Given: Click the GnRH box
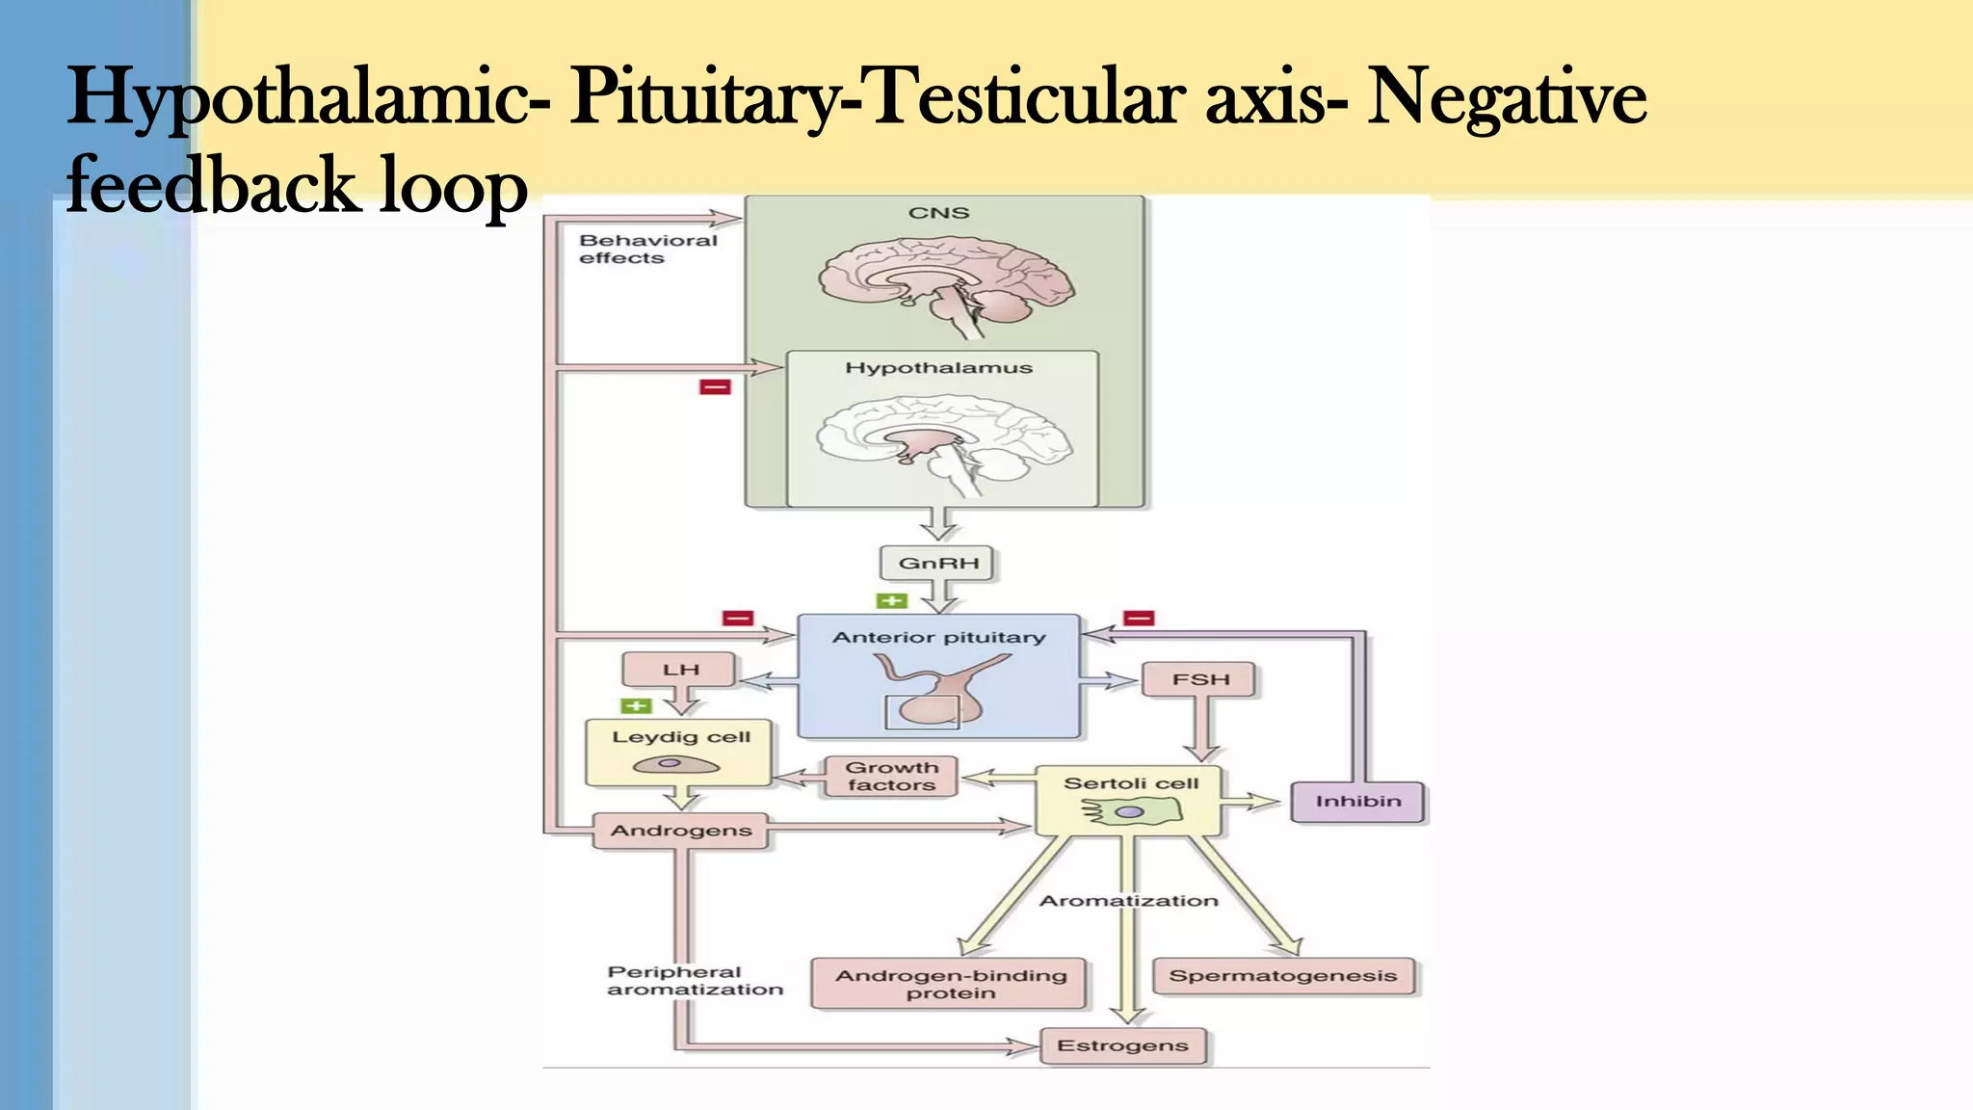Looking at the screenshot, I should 938,564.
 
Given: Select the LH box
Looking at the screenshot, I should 680,670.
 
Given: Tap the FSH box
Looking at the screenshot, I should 1200,679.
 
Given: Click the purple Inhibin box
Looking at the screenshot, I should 1357,802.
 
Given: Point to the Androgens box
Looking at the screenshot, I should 681,831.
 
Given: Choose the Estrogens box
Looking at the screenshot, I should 1123,1045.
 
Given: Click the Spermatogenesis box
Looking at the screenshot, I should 1282,976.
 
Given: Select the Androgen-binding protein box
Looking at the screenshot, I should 950,984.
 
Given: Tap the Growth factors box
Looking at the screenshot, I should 891,777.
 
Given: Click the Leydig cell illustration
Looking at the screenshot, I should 676,765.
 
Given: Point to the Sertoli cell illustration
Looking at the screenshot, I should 1130,813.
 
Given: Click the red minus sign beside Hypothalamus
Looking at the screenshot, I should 715,387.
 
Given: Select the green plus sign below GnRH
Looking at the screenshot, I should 891,601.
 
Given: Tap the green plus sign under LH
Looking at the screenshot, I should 636,706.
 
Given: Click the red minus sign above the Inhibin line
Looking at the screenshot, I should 1139,618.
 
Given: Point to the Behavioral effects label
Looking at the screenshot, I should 647,250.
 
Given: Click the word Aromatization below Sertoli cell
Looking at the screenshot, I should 1128,901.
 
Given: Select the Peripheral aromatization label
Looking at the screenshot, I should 694,981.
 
